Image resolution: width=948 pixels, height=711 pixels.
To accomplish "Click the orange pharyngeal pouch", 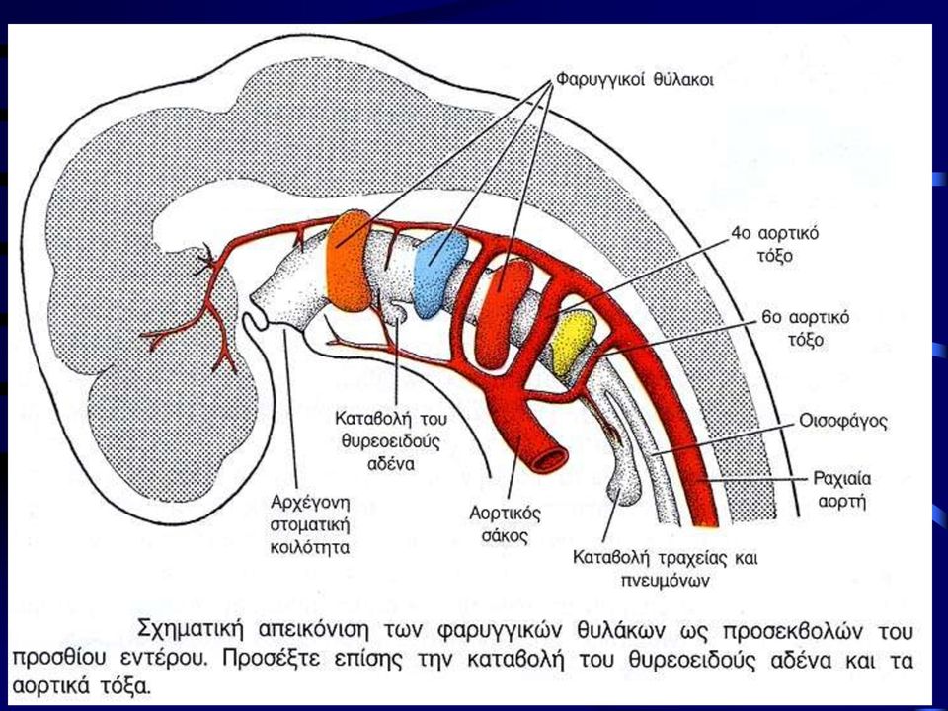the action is coord(349,261).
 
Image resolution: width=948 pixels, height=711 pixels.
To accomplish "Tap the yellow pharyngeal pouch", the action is coord(575,341).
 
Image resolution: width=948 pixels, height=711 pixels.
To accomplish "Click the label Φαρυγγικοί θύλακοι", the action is coord(634,80).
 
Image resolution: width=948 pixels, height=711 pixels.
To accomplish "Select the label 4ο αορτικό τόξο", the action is coord(774,244).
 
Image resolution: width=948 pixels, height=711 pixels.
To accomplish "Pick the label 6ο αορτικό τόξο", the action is coord(806,328).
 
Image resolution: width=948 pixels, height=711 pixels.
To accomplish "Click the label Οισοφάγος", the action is coord(842,422).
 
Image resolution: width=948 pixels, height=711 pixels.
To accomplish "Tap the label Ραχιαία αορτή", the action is coord(841,490).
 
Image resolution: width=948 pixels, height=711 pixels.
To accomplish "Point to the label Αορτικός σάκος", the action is coord(505,524).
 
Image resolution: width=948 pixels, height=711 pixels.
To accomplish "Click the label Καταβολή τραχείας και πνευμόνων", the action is coord(665,569).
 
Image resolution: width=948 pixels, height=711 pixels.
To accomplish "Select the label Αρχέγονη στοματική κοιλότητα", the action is coord(310,524).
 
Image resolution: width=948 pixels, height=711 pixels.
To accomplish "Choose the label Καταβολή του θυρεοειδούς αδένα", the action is coord(391,440).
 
